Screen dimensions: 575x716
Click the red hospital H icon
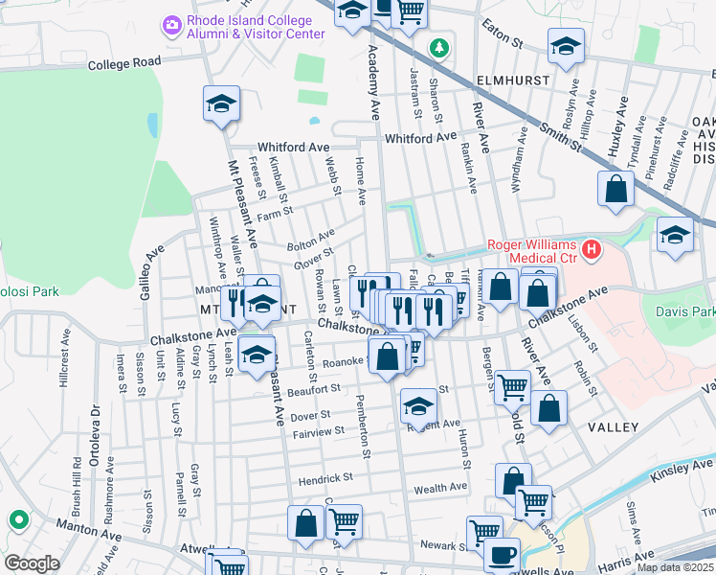pyautogui.click(x=593, y=251)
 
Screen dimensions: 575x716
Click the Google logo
pyautogui.click(x=31, y=563)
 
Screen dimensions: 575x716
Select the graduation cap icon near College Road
pyautogui.click(x=221, y=103)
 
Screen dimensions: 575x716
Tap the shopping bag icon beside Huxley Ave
pyautogui.click(x=615, y=189)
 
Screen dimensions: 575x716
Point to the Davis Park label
pyautogui.click(x=685, y=311)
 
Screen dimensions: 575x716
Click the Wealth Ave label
pyautogui.click(x=439, y=489)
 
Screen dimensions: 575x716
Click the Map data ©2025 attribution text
pyautogui.click(x=674, y=567)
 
